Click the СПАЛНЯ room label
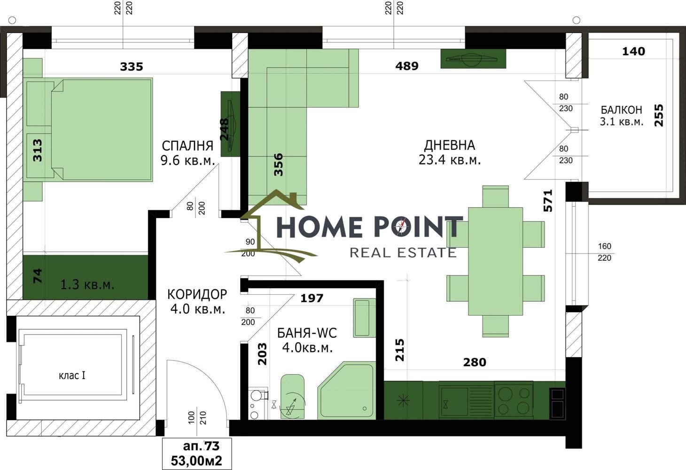coord(187,146)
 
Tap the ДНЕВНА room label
coord(450,145)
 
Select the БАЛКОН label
coord(621,110)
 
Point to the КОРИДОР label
coord(197,294)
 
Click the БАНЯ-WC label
coord(307,333)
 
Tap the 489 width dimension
coord(407,66)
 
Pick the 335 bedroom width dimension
coord(132,66)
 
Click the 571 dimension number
coord(548,201)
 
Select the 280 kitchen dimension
coord(475,362)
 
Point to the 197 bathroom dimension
coord(312,298)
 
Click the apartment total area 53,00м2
coord(196,461)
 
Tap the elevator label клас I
coord(72,376)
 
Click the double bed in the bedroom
coord(88,130)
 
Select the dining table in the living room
coord(495,261)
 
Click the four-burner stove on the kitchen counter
coord(514,400)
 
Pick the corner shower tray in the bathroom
coord(347,391)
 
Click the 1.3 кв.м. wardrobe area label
coord(87,285)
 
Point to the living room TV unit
coord(473,59)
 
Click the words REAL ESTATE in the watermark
coord(403,253)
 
